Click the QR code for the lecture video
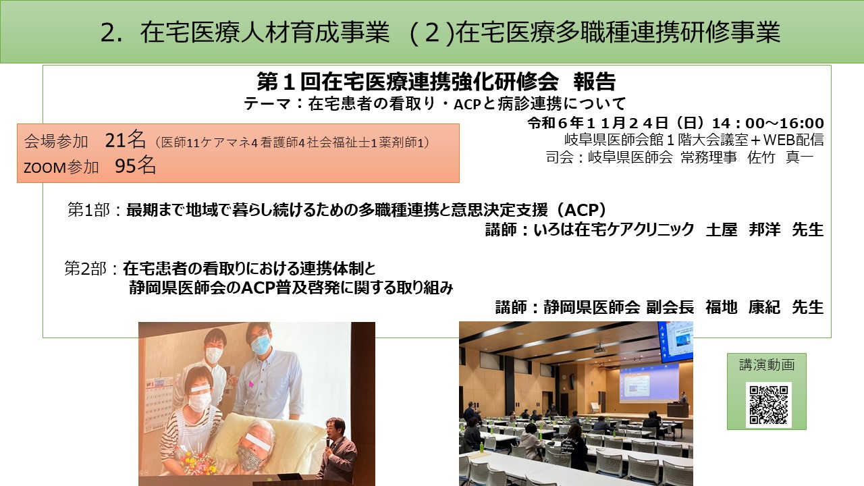[768, 405]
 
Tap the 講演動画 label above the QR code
[767, 364]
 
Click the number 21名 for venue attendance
[126, 140]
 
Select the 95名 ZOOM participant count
[136, 165]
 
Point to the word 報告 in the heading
[595, 81]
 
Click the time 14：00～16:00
[768, 124]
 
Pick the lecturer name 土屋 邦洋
[743, 230]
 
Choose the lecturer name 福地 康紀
[743, 307]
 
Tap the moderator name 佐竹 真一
[780, 157]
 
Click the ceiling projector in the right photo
[600, 350]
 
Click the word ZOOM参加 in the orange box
[61, 167]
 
